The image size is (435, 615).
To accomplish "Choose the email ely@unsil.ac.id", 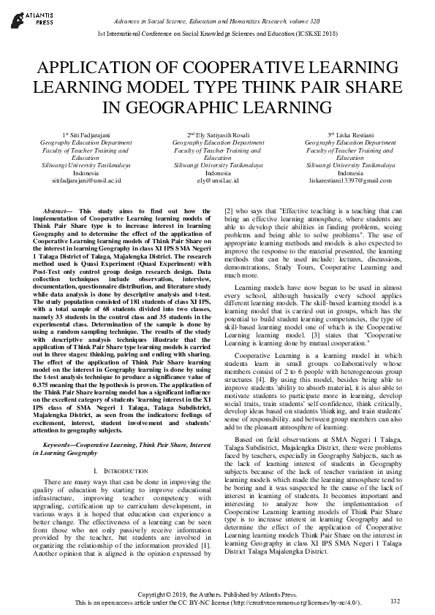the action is click(x=218, y=179).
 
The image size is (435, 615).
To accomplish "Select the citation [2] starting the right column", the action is click(x=227, y=210).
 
